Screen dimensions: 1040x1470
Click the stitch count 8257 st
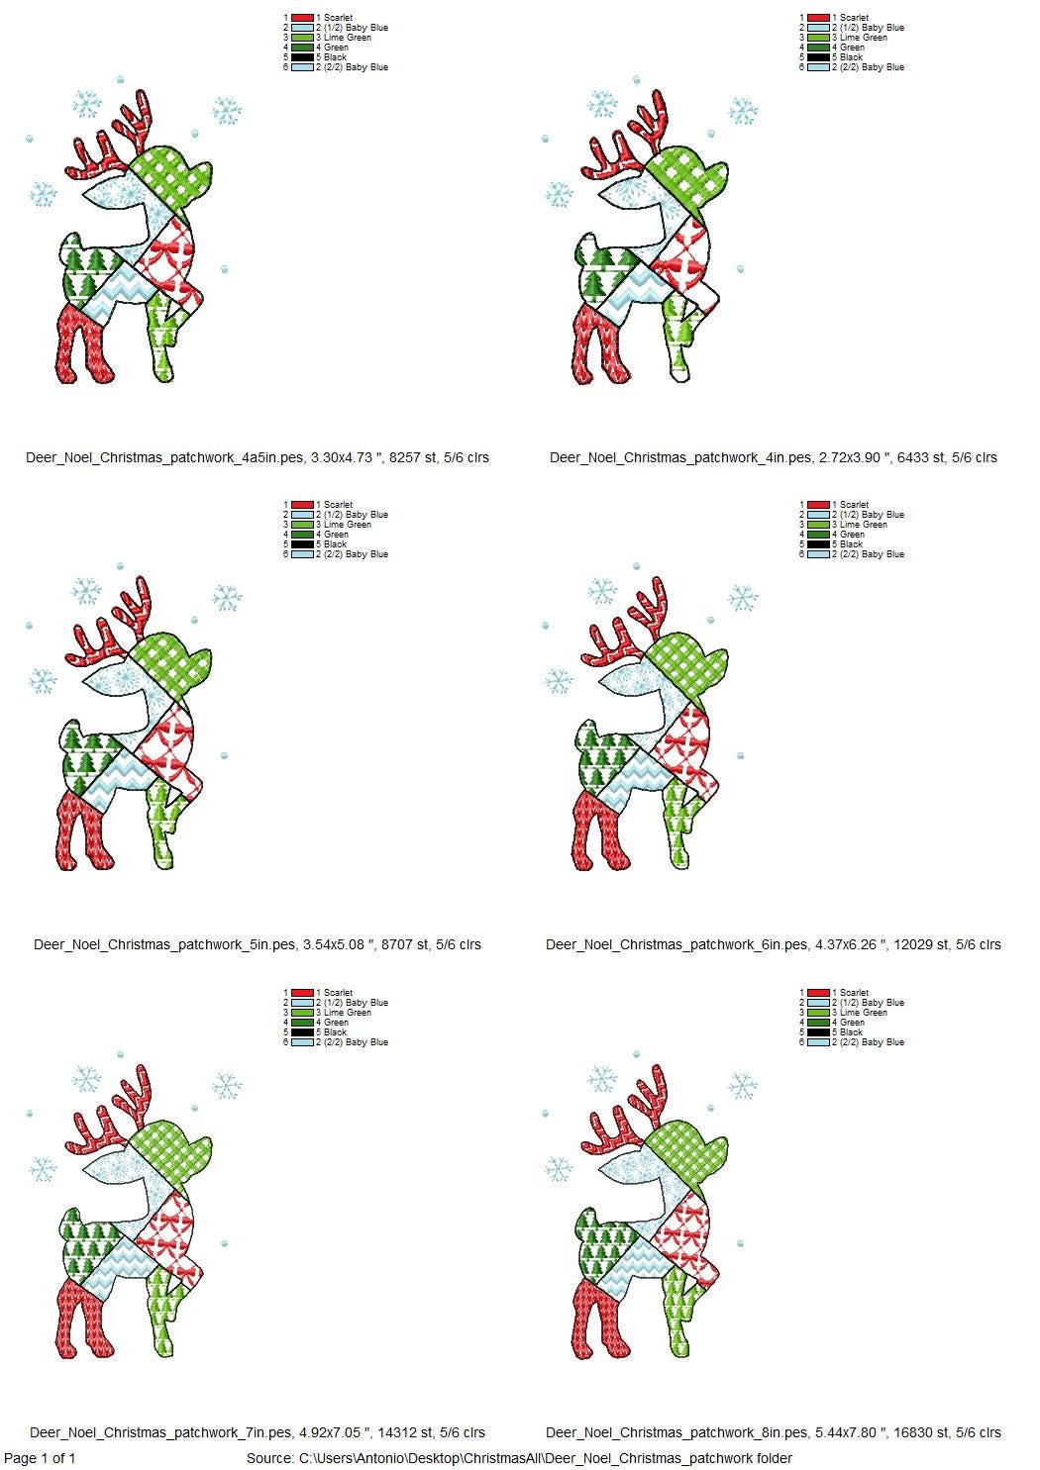pos(412,457)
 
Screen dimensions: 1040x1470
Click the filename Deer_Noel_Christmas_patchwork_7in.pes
pos(160,1432)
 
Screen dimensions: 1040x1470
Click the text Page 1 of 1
pos(40,1458)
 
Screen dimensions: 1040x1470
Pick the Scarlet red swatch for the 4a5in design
pos(303,18)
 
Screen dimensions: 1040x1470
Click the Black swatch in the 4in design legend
pos(819,57)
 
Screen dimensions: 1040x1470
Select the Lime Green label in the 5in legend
pos(344,525)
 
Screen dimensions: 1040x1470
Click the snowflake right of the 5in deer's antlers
pos(227,598)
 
